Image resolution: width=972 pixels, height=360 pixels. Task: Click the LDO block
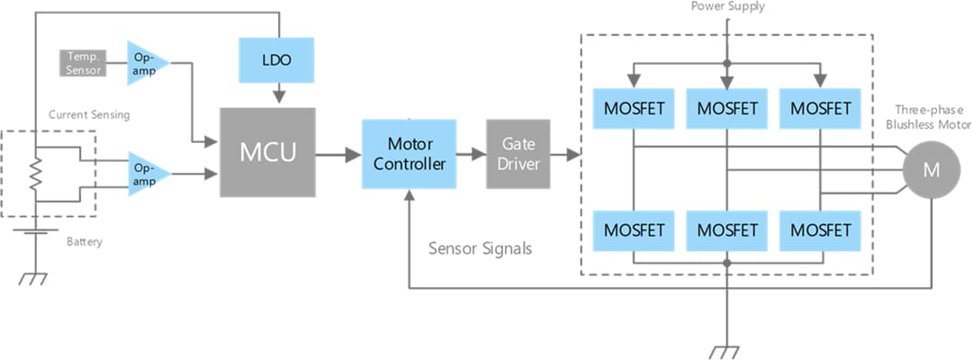277,60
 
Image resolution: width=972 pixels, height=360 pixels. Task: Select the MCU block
267,152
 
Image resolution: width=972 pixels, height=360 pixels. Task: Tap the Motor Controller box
409,153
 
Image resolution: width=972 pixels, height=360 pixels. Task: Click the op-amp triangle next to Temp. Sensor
144,62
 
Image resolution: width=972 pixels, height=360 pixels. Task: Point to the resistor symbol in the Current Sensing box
35,175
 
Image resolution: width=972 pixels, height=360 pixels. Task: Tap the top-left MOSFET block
634,109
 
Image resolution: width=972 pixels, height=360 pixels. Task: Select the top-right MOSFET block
819,109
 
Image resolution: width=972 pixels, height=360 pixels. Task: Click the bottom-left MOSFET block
634,229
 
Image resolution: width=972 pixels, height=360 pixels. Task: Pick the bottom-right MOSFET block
819,229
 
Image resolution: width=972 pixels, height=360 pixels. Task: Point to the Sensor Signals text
480,248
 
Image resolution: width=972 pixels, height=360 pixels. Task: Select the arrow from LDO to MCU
278,92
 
